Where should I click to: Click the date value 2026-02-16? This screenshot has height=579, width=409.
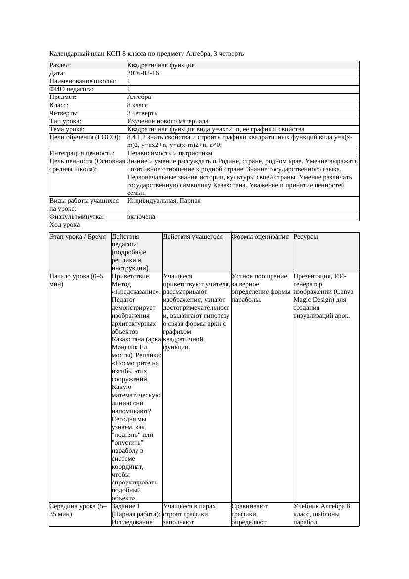[143, 73]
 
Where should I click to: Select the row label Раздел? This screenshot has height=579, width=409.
[60, 65]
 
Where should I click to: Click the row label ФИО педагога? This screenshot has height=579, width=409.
[72, 89]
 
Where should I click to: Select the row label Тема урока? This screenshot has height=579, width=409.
[67, 129]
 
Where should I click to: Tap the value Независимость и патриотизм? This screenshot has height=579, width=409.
[170, 153]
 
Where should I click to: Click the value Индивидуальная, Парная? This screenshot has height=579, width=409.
[164, 201]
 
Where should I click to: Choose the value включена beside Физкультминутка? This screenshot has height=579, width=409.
[141, 217]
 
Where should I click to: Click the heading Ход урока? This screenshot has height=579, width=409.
[65, 225]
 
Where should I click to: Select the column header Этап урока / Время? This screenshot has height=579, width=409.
[78, 237]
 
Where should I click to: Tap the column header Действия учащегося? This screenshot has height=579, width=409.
[193, 237]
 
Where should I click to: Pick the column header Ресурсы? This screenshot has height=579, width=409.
[306, 237]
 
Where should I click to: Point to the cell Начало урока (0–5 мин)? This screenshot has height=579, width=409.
[77, 280]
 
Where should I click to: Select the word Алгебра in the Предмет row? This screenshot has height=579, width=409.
[139, 97]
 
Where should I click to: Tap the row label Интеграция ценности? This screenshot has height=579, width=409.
[82, 153]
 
